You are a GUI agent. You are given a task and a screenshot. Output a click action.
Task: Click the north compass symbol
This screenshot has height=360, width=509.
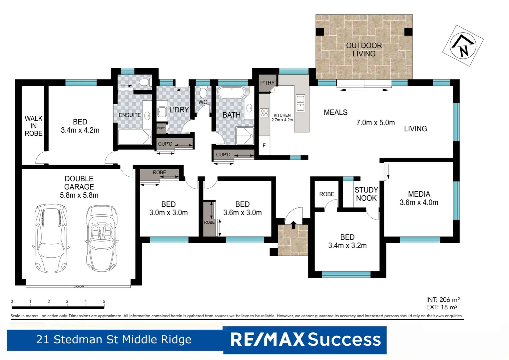463,45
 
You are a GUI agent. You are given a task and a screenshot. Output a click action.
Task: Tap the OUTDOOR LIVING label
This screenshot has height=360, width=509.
364,50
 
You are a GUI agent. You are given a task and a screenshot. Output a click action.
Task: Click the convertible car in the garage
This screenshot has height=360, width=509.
101,238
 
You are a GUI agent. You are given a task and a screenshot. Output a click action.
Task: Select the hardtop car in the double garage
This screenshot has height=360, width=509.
51,238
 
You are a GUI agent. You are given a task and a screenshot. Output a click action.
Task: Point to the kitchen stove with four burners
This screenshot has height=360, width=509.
264,113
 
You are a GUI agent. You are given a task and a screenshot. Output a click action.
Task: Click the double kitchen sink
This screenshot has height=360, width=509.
300,103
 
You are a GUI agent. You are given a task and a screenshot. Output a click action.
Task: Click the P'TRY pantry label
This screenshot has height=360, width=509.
267,83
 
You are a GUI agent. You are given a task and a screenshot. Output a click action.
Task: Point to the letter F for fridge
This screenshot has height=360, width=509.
264,146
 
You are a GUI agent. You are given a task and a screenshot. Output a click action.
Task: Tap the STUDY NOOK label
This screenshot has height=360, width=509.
366,194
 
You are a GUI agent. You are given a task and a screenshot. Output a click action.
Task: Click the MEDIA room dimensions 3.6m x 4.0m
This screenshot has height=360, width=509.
419,202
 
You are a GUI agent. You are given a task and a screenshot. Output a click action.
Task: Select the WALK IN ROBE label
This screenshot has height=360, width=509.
33,126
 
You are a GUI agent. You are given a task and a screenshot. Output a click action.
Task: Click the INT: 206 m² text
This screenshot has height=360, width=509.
443,300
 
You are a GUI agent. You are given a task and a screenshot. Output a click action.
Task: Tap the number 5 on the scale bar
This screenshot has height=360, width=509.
104,301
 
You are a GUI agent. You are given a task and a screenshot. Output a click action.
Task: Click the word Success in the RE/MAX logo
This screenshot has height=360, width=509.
344,340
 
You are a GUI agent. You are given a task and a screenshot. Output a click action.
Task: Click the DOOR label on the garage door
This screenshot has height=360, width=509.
79,287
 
